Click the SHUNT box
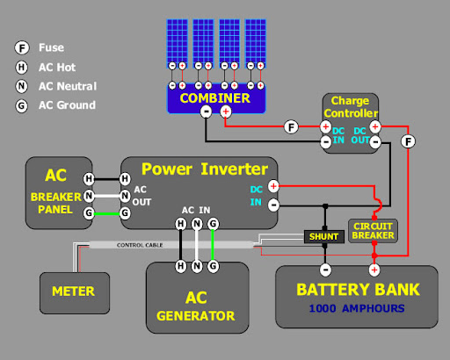(324, 236)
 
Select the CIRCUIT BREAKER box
(373, 231)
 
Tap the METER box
(75, 293)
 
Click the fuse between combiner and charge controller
(291, 127)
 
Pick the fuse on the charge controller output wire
(408, 141)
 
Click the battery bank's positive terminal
(374, 270)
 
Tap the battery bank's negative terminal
(325, 270)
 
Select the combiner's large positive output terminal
(226, 112)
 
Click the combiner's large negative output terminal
(206, 112)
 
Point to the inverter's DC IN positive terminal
(273, 186)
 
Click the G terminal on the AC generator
(213, 266)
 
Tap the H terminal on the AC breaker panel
(89, 178)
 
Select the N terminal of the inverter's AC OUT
(125, 196)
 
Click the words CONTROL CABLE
(140, 245)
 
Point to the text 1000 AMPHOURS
(357, 308)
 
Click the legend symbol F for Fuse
(22, 47)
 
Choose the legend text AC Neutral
(68, 86)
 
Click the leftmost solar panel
(178, 43)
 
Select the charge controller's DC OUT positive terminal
(375, 127)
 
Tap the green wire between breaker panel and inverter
(106, 213)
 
